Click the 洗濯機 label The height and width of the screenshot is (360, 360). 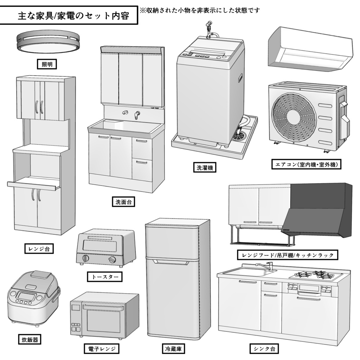click(x=205, y=167)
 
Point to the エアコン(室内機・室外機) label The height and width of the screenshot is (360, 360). click(x=307, y=164)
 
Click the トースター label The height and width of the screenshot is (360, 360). click(x=105, y=277)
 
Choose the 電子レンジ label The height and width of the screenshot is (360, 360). click(x=102, y=349)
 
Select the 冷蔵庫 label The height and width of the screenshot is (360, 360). click(x=173, y=349)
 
